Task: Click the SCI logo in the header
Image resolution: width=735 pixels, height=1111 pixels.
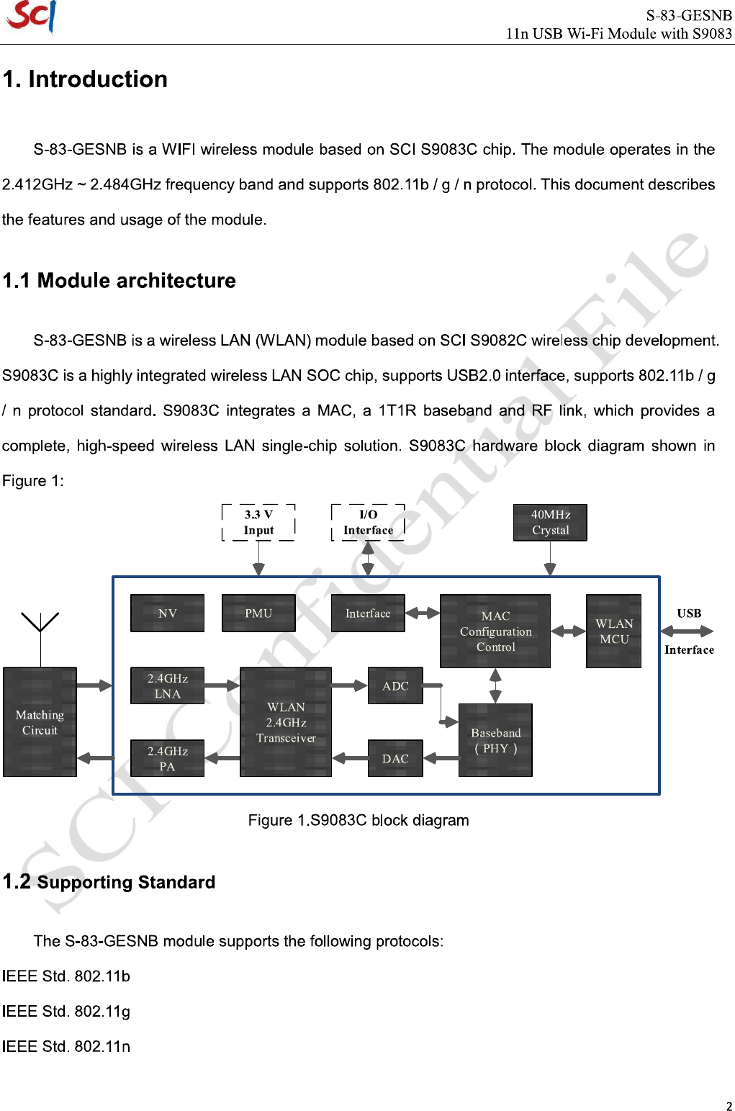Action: pos(31,17)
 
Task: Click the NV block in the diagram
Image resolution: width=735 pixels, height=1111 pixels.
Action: pos(167,613)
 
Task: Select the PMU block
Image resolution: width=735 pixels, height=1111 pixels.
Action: pos(258,613)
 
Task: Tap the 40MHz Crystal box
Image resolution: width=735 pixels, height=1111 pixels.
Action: pos(550,523)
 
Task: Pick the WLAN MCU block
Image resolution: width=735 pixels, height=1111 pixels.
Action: pos(613,631)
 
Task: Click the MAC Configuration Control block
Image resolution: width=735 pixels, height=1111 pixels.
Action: pos(495,631)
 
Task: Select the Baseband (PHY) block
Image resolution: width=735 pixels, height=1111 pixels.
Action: pos(495,740)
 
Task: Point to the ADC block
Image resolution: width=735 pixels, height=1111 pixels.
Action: pos(395,686)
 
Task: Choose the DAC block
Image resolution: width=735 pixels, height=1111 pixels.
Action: pos(395,759)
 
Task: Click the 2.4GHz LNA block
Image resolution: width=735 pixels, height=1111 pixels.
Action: pos(167,686)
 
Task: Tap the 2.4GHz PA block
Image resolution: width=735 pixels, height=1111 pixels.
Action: pos(167,759)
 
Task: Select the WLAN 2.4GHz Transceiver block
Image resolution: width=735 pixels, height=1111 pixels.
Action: pos(286,722)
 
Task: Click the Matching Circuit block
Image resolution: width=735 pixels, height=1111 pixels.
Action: pos(40,722)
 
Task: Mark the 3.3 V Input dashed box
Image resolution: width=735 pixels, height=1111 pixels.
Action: pos(258,523)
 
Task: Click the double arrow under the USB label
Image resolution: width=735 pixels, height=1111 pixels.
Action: pos(687,631)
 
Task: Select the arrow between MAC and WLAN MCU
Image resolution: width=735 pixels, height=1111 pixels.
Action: pos(569,631)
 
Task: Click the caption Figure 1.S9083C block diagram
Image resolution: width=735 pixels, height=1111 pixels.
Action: pos(359,821)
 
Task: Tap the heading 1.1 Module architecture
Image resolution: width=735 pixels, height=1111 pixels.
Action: pos(120,281)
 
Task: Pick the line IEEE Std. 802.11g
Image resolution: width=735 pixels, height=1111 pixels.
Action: pos(66,1012)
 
